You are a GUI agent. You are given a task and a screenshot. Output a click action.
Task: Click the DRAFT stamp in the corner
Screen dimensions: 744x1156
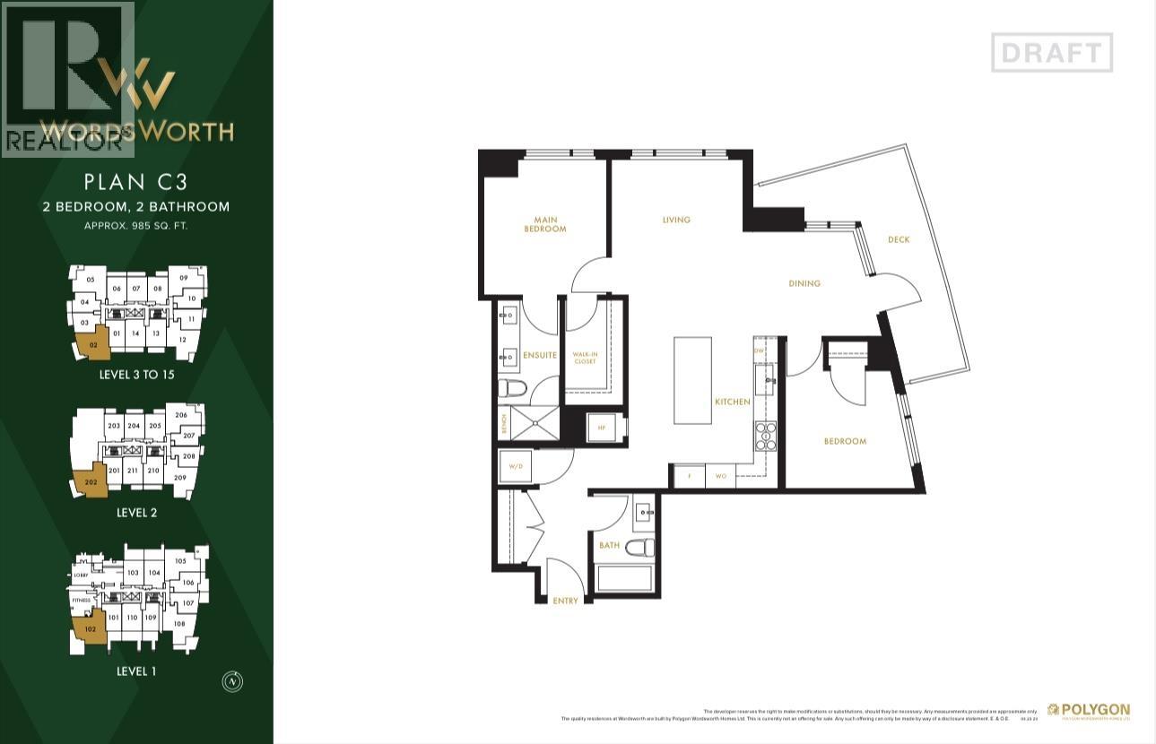pyautogui.click(x=1052, y=53)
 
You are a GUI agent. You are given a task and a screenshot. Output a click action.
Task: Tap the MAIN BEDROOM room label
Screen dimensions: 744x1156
pyautogui.click(x=544, y=224)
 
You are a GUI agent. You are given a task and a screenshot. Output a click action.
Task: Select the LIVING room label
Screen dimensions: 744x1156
pyautogui.click(x=676, y=220)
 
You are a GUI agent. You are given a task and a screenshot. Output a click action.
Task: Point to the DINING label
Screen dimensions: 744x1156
pyautogui.click(x=804, y=283)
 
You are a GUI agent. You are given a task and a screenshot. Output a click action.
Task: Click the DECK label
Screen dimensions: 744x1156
pyautogui.click(x=899, y=239)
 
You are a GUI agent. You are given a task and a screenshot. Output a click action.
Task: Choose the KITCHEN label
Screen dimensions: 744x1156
pyautogui.click(x=733, y=402)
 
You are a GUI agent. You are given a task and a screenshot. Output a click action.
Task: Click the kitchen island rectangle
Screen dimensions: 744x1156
pyautogui.click(x=691, y=381)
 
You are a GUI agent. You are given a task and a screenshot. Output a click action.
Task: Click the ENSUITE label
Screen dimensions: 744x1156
pyautogui.click(x=540, y=356)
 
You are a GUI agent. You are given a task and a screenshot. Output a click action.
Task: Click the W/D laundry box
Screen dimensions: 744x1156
pyautogui.click(x=516, y=467)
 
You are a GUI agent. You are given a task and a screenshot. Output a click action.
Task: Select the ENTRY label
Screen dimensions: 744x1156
pyautogui.click(x=566, y=601)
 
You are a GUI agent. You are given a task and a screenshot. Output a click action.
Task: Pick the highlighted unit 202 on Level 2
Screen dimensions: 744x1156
pyautogui.click(x=89, y=482)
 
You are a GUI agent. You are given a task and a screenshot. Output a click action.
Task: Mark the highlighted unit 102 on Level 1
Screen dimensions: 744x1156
pyautogui.click(x=89, y=630)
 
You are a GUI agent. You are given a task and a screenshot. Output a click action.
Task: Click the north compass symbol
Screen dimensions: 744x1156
pyautogui.click(x=233, y=681)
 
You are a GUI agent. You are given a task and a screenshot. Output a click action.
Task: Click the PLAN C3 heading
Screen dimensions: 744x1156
pyautogui.click(x=135, y=182)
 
